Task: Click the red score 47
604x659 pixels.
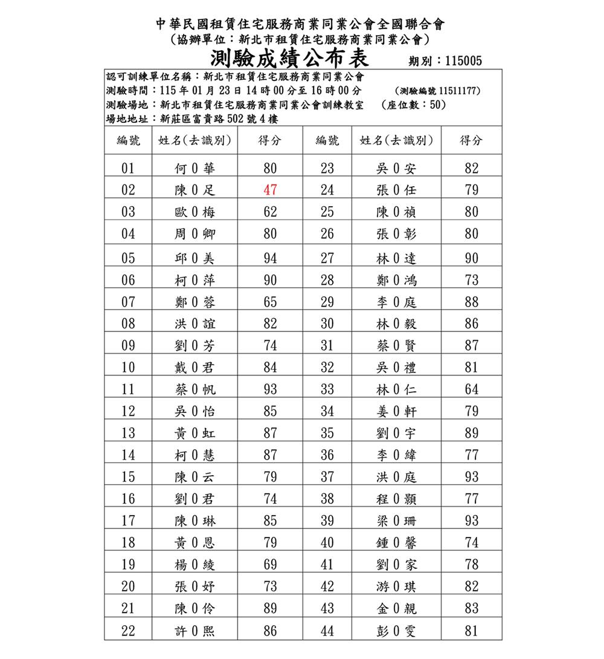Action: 270,190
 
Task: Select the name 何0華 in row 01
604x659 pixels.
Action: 194,168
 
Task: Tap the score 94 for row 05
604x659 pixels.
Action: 270,258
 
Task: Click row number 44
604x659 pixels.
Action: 327,631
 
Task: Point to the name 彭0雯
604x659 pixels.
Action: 396,631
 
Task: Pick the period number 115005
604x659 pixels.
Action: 463,61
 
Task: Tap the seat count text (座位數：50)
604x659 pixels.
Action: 414,105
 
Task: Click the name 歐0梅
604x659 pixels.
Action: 194,212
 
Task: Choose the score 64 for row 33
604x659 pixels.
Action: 472,389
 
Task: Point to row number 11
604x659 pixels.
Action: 128,389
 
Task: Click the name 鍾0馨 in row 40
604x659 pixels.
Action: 396,542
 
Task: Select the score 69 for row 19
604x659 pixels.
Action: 270,565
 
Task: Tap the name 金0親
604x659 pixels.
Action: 396,609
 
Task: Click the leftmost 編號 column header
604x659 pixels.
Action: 128,141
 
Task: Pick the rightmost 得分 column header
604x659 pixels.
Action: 472,141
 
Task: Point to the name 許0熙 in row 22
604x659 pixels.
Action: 194,631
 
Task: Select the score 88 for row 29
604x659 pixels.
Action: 472,302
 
